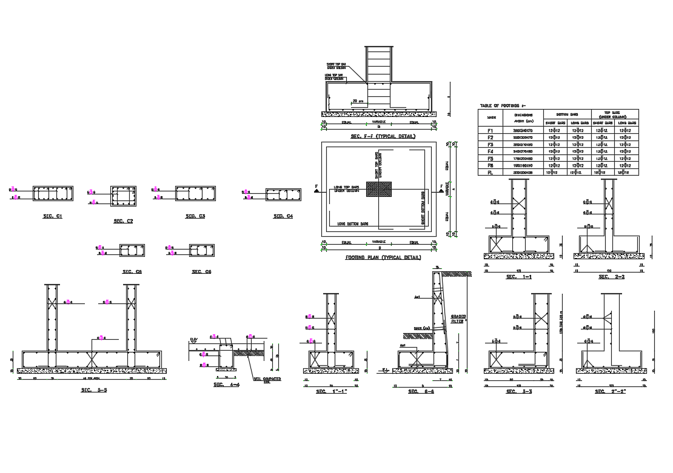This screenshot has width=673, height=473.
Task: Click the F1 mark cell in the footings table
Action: pos(491,130)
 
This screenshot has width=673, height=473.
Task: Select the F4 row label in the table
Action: pos(491,151)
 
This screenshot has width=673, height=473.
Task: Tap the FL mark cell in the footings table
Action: pos(491,173)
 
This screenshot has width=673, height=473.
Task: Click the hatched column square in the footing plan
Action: pos(379,189)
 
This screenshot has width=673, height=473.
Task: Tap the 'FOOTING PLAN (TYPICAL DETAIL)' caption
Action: pos(383,257)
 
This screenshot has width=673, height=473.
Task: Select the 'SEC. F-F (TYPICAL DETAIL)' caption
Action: pos(383,137)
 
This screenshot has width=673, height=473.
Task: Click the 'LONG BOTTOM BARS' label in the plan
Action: pos(352,224)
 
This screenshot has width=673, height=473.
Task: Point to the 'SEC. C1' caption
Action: pos(53,216)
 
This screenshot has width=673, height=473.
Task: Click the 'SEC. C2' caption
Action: pos(123,221)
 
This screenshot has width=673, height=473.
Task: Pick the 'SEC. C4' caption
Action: pos(283,216)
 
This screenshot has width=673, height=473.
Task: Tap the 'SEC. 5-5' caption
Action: pos(93,390)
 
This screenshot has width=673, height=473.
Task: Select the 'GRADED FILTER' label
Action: pos(459,319)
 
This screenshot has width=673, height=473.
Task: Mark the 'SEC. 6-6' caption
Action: pos(421,392)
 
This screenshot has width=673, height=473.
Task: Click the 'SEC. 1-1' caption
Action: pos(518,277)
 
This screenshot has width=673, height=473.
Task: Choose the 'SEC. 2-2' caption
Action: pos(611,277)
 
